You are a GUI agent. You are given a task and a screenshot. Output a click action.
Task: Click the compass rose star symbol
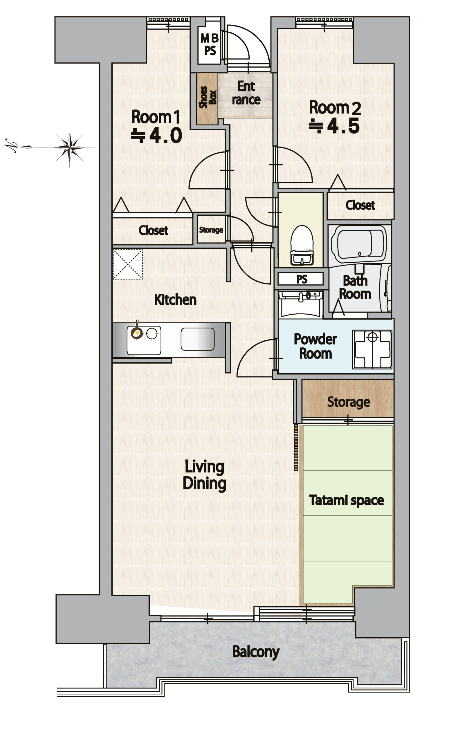[x=70, y=147]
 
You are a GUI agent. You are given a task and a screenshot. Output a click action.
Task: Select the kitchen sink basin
[x=197, y=339]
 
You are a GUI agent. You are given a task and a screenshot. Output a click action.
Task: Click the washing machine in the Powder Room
[x=372, y=349]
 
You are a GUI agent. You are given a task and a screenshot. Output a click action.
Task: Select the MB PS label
[x=210, y=44]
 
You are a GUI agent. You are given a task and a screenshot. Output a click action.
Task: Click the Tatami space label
[x=346, y=500]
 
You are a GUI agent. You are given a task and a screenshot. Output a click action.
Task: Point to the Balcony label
[x=256, y=652]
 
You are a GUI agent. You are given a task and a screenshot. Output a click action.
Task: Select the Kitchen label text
[x=175, y=300]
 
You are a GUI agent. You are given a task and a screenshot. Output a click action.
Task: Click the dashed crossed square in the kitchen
[x=127, y=264]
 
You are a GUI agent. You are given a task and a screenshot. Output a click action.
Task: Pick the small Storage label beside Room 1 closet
[x=211, y=230]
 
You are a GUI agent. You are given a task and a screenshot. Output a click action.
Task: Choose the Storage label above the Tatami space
[x=349, y=402]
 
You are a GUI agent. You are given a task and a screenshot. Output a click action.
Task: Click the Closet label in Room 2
[x=360, y=205]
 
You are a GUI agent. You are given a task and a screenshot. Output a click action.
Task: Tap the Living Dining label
[x=204, y=475]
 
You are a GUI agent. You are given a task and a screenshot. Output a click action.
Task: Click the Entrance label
[x=246, y=93]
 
